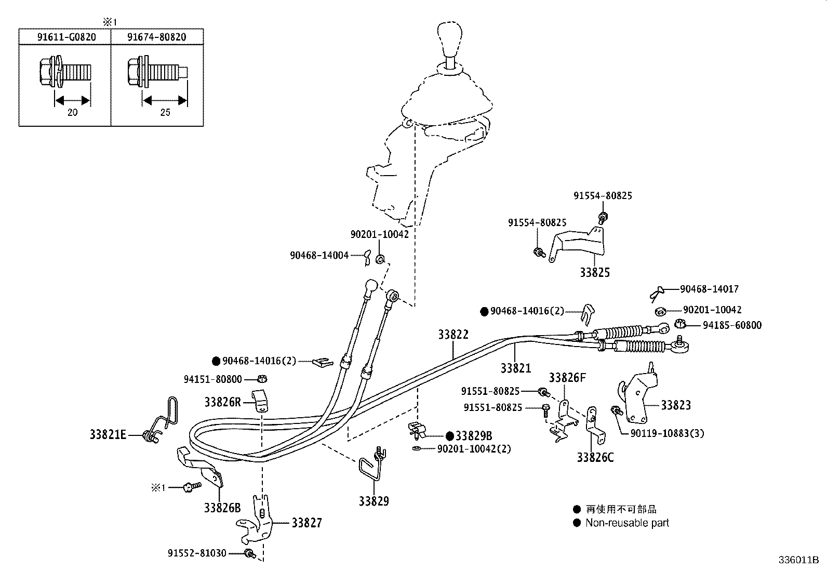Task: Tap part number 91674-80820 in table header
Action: pos(157,37)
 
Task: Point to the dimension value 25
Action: pos(165,112)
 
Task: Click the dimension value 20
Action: pos(72,112)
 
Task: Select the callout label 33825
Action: pos(595,272)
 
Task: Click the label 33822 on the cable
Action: pos(453,335)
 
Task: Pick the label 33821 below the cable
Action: pos(516,368)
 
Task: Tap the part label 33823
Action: pos(676,405)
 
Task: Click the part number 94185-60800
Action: pos(732,325)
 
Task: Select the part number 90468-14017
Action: pos(709,289)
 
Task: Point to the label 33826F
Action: pos(567,378)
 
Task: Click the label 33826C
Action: pos(595,458)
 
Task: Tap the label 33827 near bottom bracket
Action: pos(306,523)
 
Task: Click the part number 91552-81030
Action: pos(197,553)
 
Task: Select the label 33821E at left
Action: pos(108,434)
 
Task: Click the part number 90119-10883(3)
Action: pos(667,433)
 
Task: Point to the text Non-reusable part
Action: pos(627,523)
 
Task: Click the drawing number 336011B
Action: pos(798,560)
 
